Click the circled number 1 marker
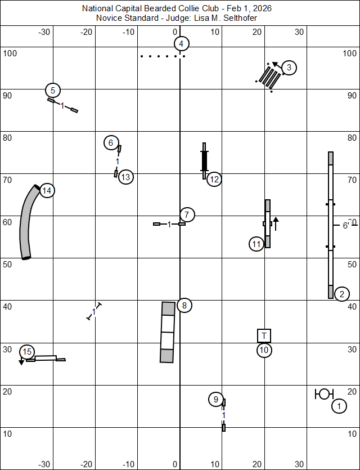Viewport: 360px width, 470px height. [339, 406]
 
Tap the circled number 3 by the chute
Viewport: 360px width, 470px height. [289, 68]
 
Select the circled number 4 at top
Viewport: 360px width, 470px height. [180, 44]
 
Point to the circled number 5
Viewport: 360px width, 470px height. [53, 90]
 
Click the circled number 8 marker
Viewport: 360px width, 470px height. [184, 306]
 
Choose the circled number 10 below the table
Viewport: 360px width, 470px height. [264, 350]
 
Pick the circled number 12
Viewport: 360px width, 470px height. [214, 180]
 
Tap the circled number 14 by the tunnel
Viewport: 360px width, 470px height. [47, 191]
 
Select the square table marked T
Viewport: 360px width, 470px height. [264, 336]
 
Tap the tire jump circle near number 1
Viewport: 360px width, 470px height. [324, 394]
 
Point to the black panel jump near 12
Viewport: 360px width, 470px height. [204, 160]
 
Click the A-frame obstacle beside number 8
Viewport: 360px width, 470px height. [168, 332]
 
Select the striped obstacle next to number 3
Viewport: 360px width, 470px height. [269, 77]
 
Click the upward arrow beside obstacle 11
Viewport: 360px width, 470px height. [276, 222]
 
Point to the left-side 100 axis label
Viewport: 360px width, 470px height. [11, 53]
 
